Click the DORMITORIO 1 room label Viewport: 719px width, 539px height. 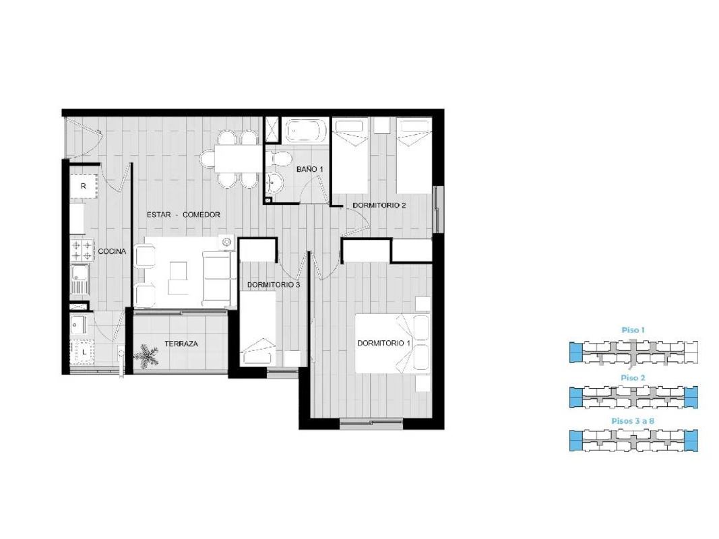(384, 344)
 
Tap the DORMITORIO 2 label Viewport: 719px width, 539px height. (379, 205)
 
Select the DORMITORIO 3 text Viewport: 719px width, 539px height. (274, 284)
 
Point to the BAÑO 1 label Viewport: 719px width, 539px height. (309, 169)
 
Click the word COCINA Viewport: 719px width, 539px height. (112, 251)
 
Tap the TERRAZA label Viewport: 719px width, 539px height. (181, 344)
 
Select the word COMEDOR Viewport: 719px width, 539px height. (201, 214)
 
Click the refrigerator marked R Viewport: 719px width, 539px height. (84, 186)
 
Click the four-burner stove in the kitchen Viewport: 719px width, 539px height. (82, 250)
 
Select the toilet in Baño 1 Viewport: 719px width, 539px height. (279, 159)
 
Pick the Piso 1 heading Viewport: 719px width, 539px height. (633, 330)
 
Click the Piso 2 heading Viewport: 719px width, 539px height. (633, 378)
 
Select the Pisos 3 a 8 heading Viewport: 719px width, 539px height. (633, 420)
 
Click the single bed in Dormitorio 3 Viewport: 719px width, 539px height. (257, 329)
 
